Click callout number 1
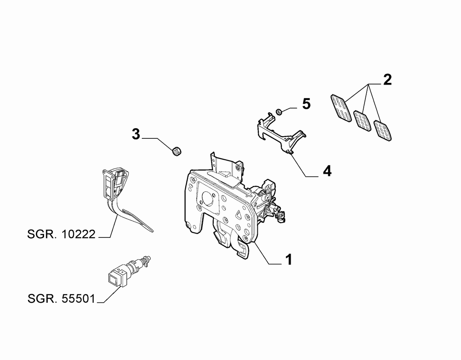289,260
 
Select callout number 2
388,80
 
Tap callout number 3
136,134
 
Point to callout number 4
327,170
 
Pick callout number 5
306,104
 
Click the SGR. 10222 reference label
61,234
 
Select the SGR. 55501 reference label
61,299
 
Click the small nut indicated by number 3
176,152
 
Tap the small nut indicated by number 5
279,111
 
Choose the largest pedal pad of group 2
341,108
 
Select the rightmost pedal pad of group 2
382,130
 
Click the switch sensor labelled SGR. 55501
129,271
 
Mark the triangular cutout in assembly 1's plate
238,214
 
